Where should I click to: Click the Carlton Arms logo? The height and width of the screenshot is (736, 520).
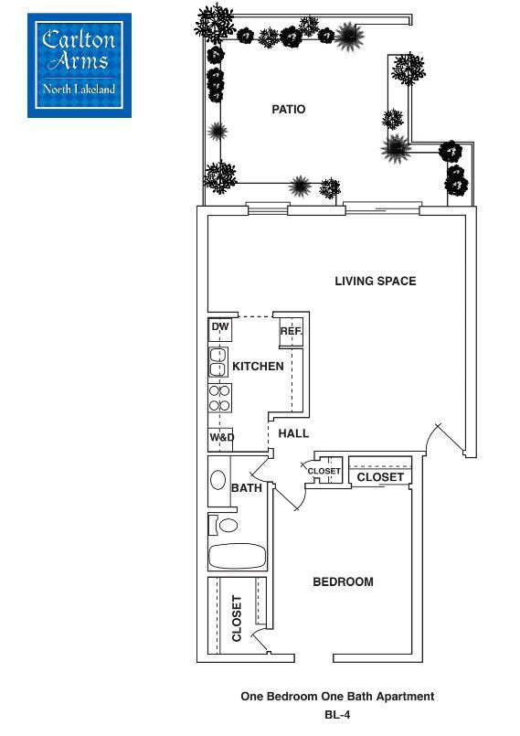coord(80,65)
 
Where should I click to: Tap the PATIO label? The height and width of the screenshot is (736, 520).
coord(288,110)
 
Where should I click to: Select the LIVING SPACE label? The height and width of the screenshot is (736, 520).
coord(375,281)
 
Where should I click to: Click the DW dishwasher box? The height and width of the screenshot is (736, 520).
coord(219,328)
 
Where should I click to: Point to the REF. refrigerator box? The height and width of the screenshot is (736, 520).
coord(291,331)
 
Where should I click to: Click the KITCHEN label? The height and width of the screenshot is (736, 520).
coord(258,366)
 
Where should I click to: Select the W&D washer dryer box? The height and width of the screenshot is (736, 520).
coord(221,439)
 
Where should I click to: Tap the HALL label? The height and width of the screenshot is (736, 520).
coord(293,433)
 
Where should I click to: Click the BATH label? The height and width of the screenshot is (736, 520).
coord(247,488)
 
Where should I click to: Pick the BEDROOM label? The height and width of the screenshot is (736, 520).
coord(343,581)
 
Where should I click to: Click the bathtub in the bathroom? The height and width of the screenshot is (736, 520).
coord(237,556)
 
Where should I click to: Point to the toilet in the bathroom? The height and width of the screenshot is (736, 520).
coord(224,525)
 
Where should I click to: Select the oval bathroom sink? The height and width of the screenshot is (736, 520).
coord(219,481)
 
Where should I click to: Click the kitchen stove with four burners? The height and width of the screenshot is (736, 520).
coord(219,398)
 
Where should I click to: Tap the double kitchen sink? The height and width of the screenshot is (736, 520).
coord(218,362)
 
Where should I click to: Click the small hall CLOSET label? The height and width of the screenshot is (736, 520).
coord(324,472)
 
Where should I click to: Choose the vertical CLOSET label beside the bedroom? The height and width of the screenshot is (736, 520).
coord(237,618)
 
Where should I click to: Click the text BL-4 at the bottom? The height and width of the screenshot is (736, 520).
coord(337,715)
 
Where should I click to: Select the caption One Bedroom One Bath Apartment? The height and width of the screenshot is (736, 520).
coord(337,697)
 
